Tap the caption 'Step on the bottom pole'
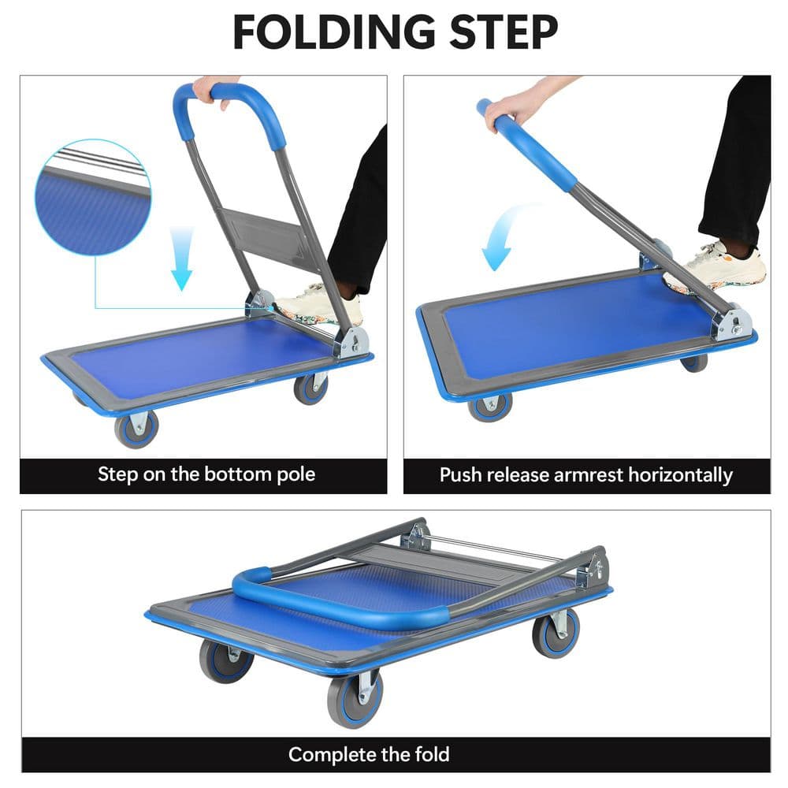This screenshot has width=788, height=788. (206, 474)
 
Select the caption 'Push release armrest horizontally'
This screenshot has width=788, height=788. (586, 475)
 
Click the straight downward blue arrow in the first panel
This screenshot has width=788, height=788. (182, 257)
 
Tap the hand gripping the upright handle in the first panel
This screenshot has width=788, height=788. (211, 88)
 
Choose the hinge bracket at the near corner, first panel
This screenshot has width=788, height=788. (351, 340)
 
